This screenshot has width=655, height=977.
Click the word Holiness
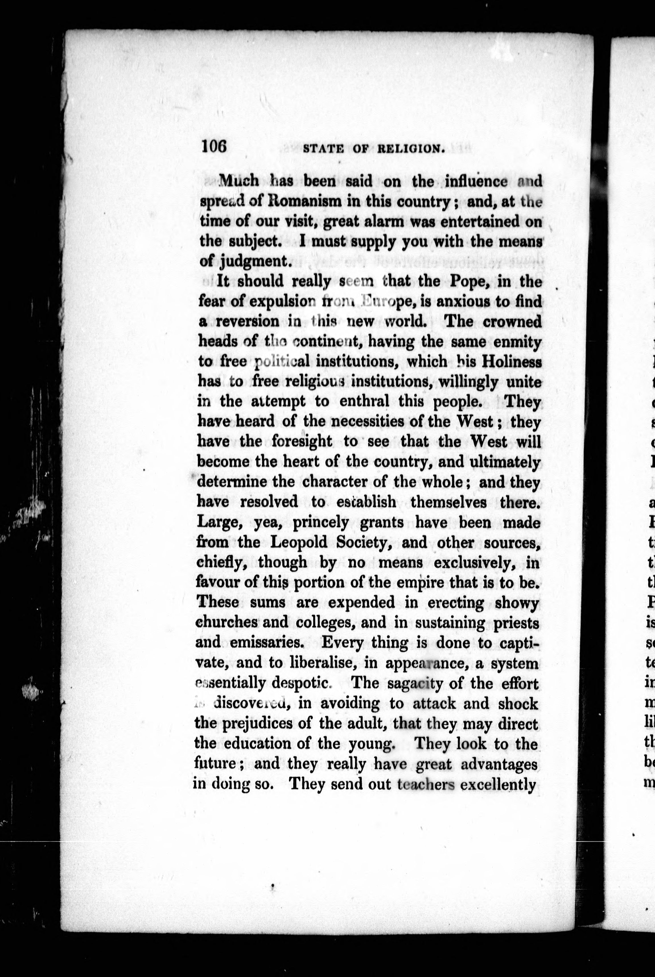(511, 362)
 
